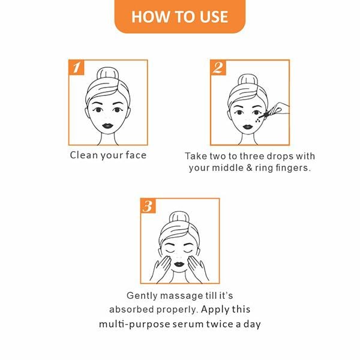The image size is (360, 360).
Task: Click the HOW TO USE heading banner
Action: pos(179,16)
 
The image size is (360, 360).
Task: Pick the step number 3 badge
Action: pos(148,207)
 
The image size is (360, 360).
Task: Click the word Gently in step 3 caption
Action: pos(143,296)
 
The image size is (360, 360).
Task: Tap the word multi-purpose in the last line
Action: pos(133,325)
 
